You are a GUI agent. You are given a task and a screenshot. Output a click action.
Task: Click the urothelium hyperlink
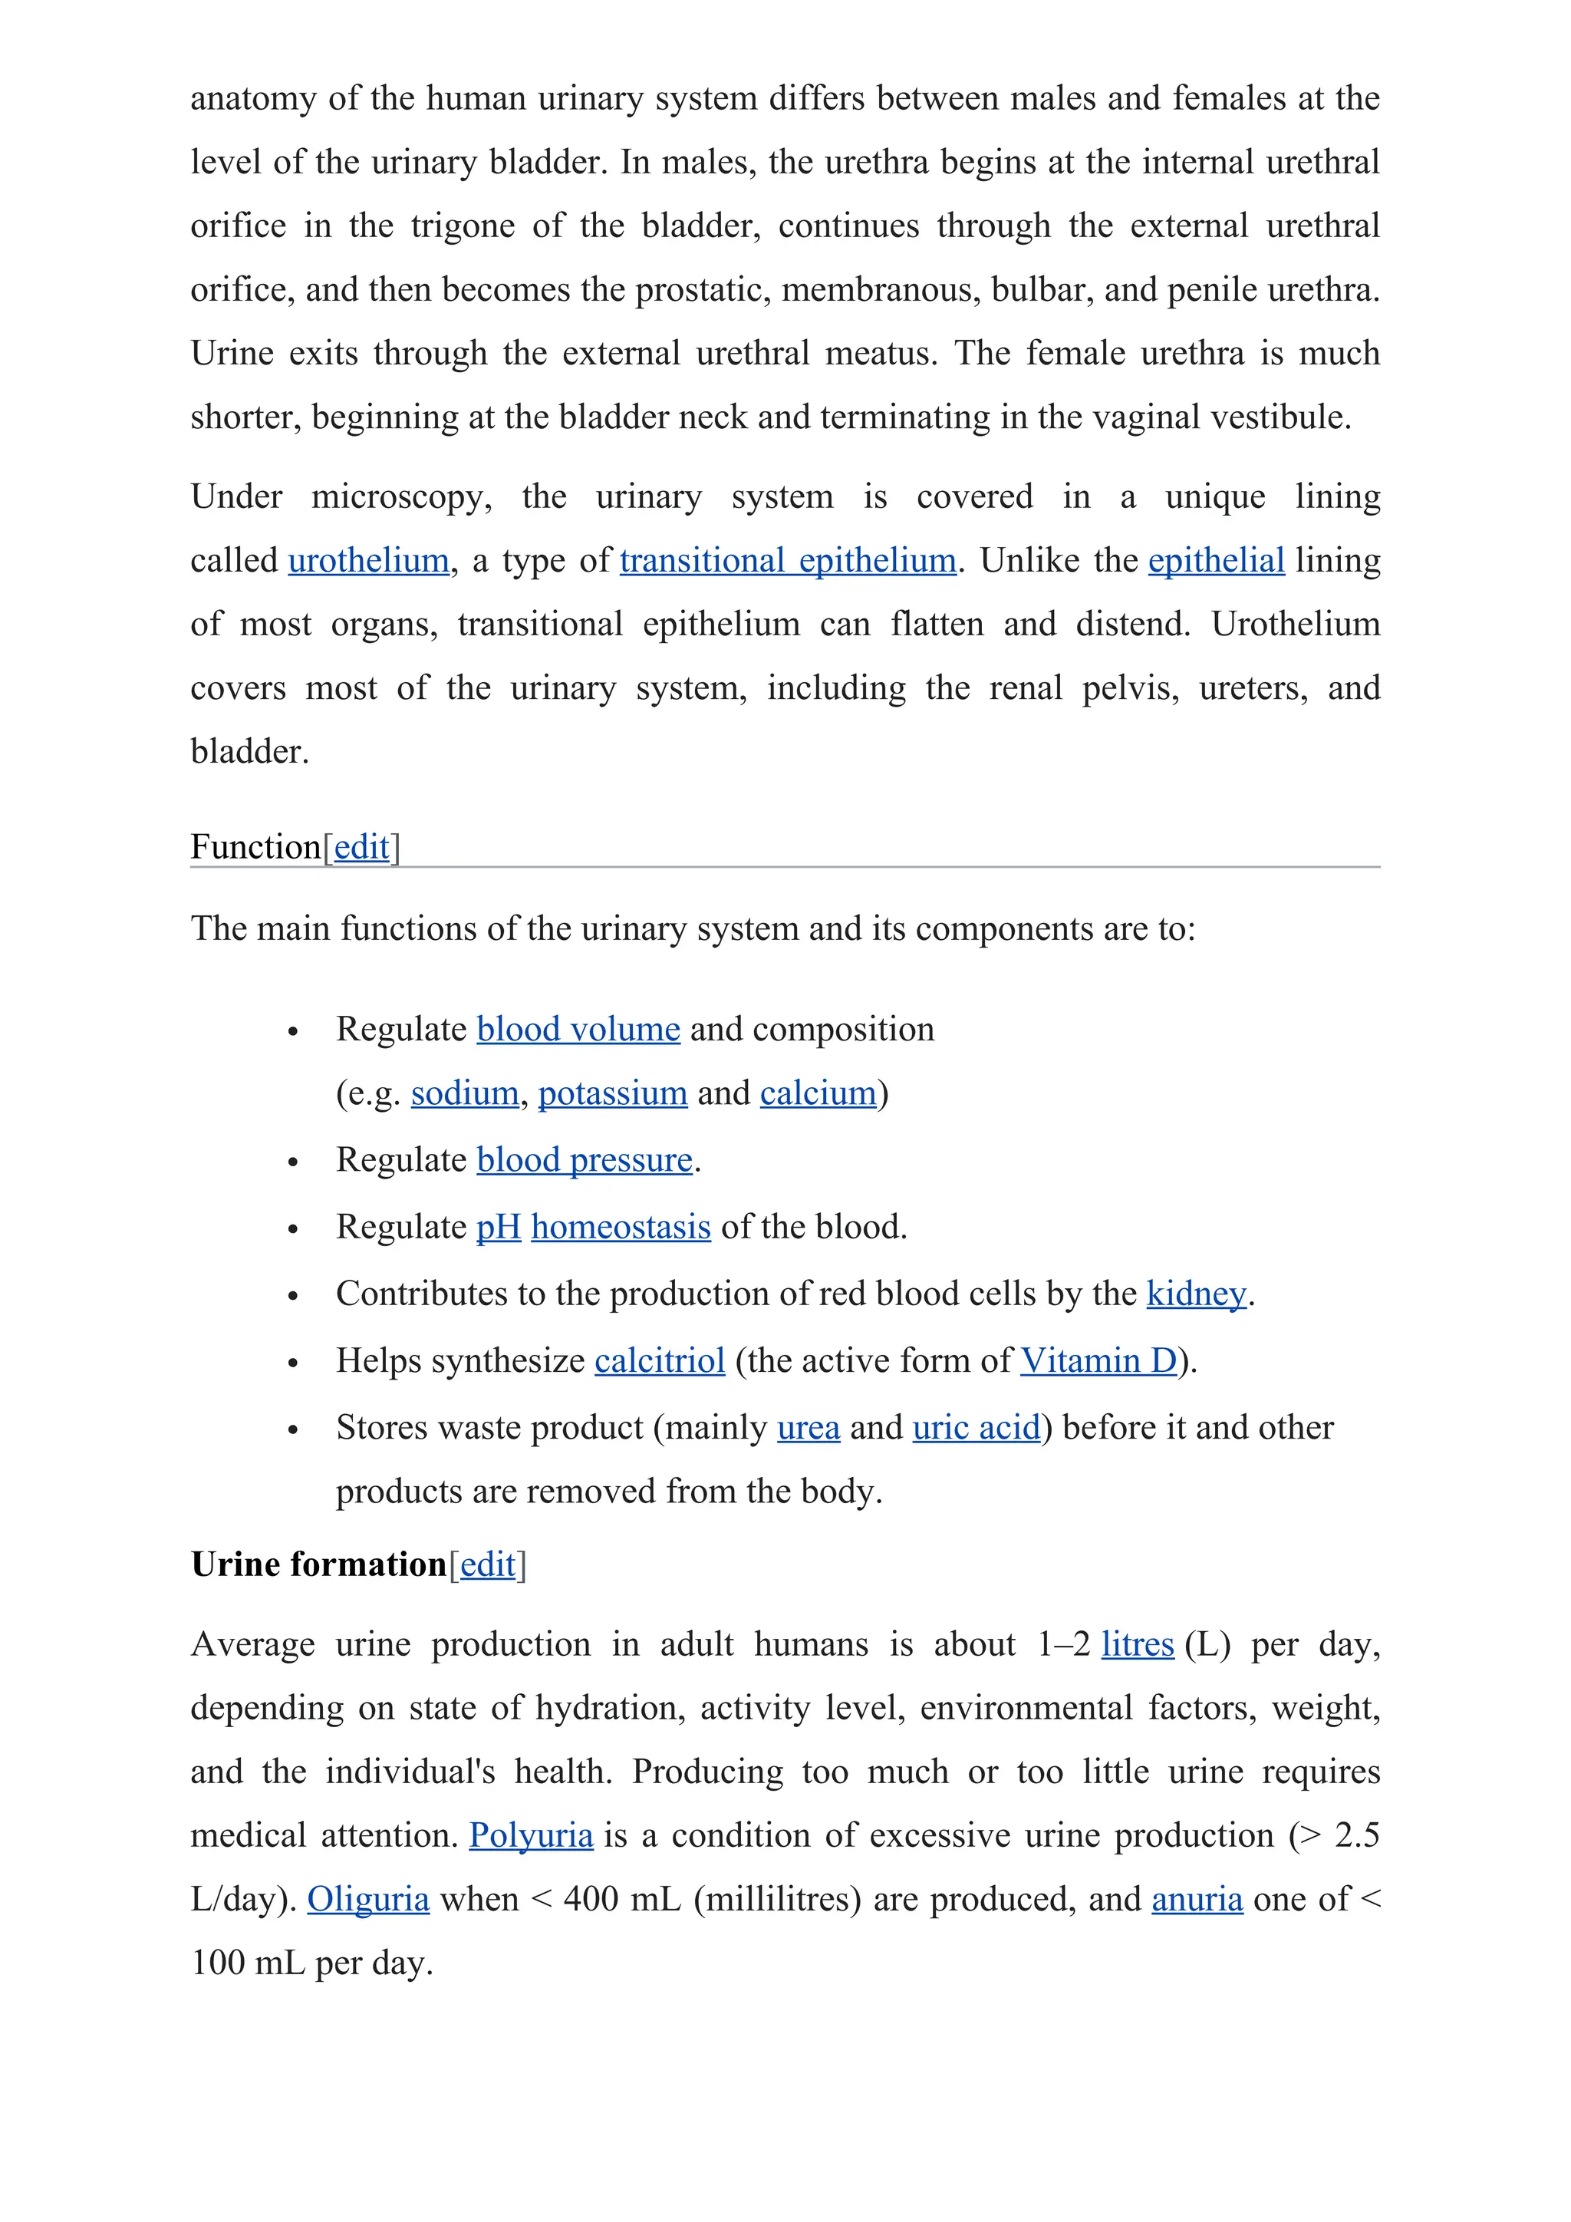[x=368, y=560]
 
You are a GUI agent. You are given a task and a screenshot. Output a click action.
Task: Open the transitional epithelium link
[x=788, y=560]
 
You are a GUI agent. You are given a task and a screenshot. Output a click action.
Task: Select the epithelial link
[x=1216, y=560]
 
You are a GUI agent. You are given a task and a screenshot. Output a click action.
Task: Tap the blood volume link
[x=578, y=1029]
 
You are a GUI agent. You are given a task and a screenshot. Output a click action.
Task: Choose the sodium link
[x=464, y=1093]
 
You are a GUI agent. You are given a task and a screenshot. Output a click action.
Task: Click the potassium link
[x=612, y=1093]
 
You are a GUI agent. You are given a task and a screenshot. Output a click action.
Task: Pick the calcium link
[x=818, y=1093]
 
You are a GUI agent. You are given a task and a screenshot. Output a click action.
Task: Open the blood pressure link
[x=585, y=1159]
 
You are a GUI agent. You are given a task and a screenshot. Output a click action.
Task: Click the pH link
[x=498, y=1226]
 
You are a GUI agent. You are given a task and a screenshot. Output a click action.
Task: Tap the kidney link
[x=1196, y=1293]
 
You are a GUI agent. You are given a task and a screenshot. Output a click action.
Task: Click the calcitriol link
[x=659, y=1360]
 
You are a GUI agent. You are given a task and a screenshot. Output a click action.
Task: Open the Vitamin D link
[x=1098, y=1360]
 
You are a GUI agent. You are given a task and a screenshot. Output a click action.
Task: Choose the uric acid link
[x=975, y=1427]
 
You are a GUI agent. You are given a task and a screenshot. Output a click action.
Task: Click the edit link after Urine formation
[x=488, y=1565]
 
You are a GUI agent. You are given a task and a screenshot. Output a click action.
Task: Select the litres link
[x=1137, y=1644]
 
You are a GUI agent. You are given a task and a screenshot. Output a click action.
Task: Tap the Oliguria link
[x=367, y=1900]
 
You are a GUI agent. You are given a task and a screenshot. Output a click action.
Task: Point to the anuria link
[x=1197, y=1900]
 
